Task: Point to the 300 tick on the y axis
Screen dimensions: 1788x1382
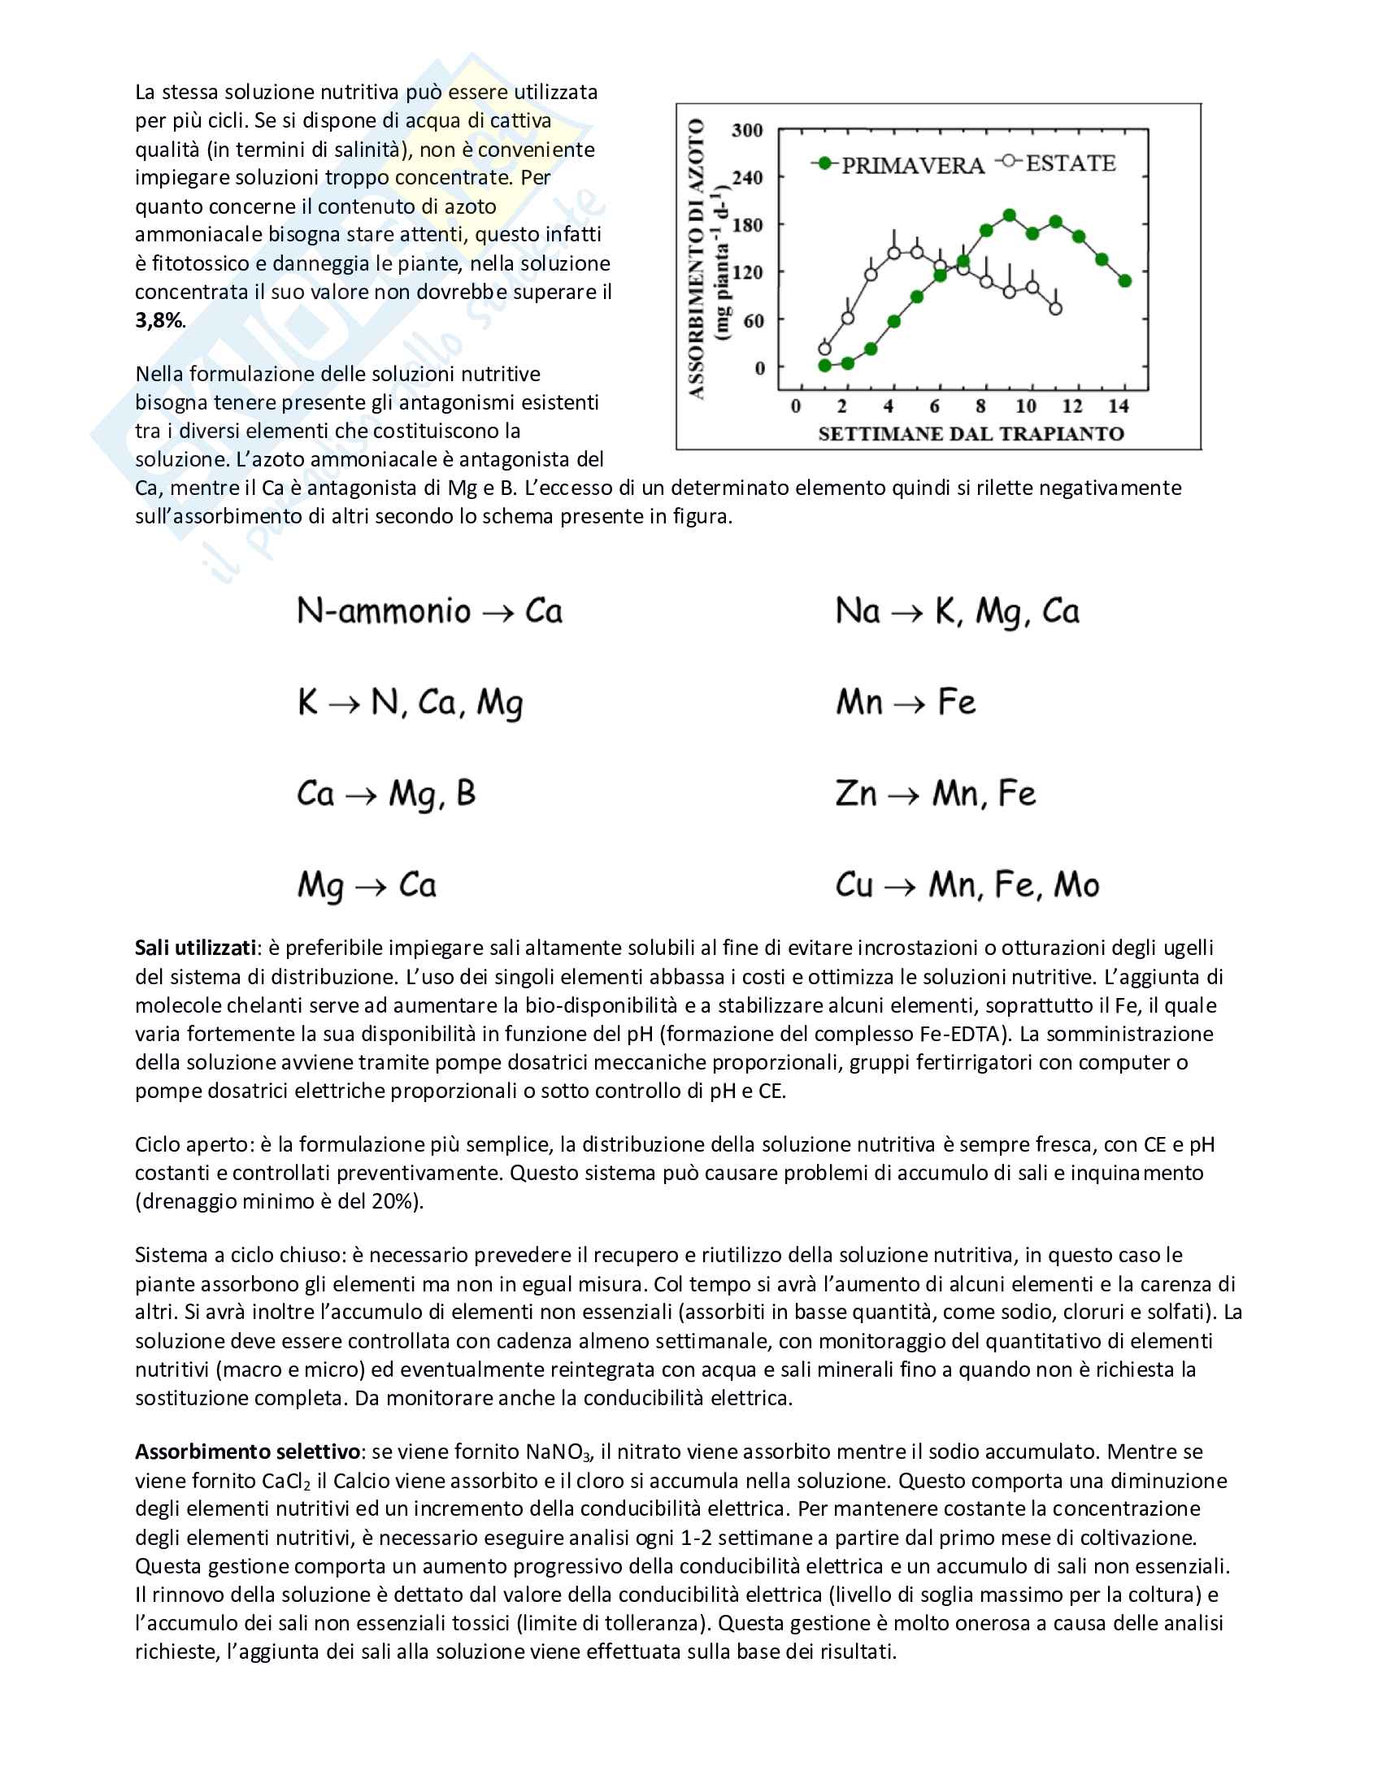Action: tap(746, 130)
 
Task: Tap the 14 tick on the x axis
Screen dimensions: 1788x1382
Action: tap(1118, 406)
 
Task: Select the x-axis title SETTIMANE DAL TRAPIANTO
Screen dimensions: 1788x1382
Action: tap(971, 434)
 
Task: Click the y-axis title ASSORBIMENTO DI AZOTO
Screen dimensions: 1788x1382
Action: tap(697, 258)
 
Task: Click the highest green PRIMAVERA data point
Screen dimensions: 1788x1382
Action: tap(1010, 215)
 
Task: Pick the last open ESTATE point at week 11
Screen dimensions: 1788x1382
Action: tap(1055, 309)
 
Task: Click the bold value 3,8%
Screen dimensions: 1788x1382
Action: tap(159, 320)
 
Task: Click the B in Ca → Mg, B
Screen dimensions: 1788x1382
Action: tap(466, 794)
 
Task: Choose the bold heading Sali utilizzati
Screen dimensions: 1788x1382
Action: tap(196, 948)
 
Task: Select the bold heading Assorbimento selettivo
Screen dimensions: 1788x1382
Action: tap(247, 1452)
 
